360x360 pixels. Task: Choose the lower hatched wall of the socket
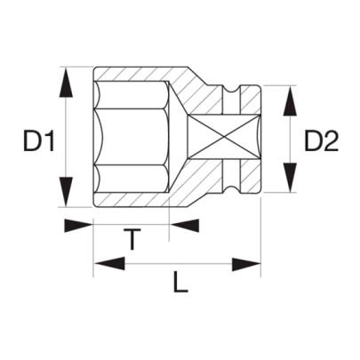click(x=151, y=200)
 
